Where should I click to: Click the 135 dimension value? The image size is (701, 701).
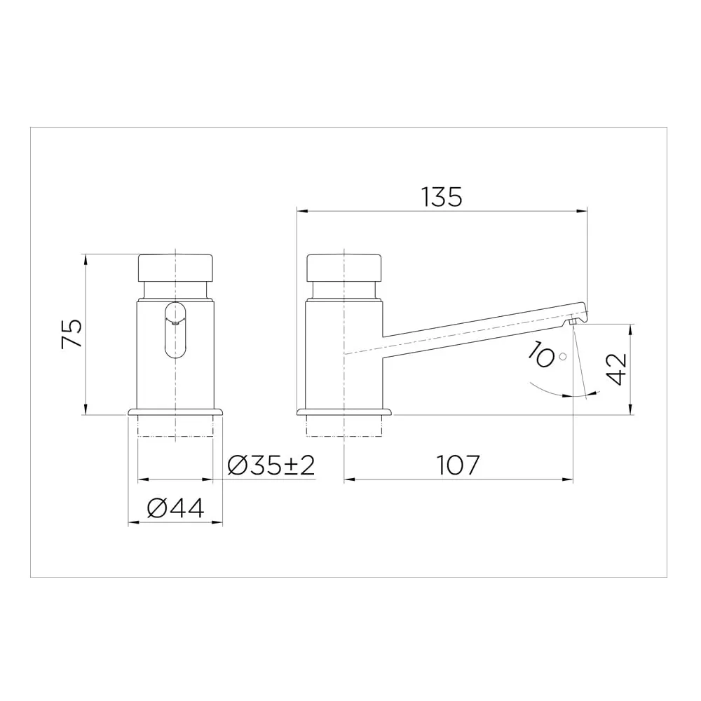point(442,197)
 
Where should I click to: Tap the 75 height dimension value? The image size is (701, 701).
point(72,333)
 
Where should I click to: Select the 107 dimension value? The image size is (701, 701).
point(457,465)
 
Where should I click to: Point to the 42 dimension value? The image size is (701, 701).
point(617,369)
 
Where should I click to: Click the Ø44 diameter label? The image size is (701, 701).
point(175,508)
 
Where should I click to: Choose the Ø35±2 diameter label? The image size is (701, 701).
point(271,465)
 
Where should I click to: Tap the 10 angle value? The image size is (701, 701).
point(541,355)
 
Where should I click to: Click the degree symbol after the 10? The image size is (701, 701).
point(563,356)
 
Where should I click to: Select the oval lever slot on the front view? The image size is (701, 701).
point(176,330)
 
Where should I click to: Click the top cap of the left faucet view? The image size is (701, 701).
point(175,268)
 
